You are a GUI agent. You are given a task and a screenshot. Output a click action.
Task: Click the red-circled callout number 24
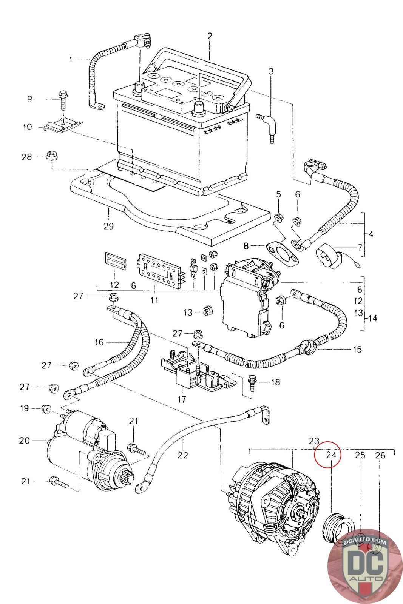[331, 455]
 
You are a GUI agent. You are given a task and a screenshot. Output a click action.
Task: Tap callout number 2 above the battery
[210, 36]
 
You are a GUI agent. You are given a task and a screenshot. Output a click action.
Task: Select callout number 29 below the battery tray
[108, 226]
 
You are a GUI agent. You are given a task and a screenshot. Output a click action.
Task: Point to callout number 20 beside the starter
[24, 441]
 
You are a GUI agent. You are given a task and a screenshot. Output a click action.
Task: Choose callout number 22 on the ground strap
[183, 455]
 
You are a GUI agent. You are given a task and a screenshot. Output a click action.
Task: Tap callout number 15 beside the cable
[357, 350]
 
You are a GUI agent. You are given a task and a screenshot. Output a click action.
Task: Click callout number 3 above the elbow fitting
[271, 71]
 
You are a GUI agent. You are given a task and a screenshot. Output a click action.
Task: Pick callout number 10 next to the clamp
[27, 127]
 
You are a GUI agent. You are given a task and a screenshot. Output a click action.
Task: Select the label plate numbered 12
[115, 261]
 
